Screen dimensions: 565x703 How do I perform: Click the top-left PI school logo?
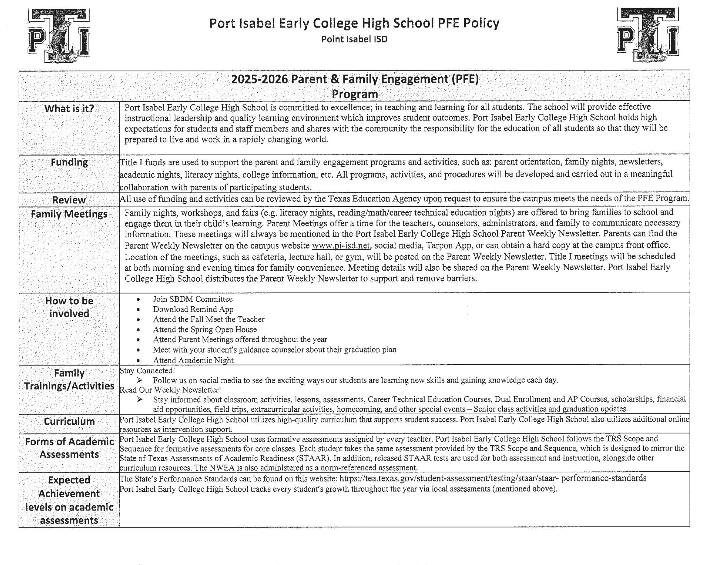(59, 35)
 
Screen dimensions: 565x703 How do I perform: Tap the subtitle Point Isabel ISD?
(354, 39)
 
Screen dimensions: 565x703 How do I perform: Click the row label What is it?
(69, 109)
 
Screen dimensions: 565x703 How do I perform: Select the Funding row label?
(69, 162)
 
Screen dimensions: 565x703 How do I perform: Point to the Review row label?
(69, 200)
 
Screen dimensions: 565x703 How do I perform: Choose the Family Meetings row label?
(69, 214)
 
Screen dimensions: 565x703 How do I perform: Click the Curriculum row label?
(69, 421)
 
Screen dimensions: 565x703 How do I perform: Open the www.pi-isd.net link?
(341, 245)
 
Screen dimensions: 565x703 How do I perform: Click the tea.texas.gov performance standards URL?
(492, 478)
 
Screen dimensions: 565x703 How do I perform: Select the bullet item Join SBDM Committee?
(193, 299)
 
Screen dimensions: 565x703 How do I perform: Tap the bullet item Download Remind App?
(193, 309)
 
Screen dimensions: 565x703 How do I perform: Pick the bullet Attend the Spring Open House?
(205, 329)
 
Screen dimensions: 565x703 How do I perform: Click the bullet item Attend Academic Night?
(193, 360)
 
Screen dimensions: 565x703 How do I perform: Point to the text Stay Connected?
(147, 371)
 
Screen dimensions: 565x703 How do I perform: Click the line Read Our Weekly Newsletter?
(170, 390)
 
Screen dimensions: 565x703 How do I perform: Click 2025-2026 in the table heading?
(259, 80)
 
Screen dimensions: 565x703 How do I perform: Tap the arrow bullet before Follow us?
(140, 380)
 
